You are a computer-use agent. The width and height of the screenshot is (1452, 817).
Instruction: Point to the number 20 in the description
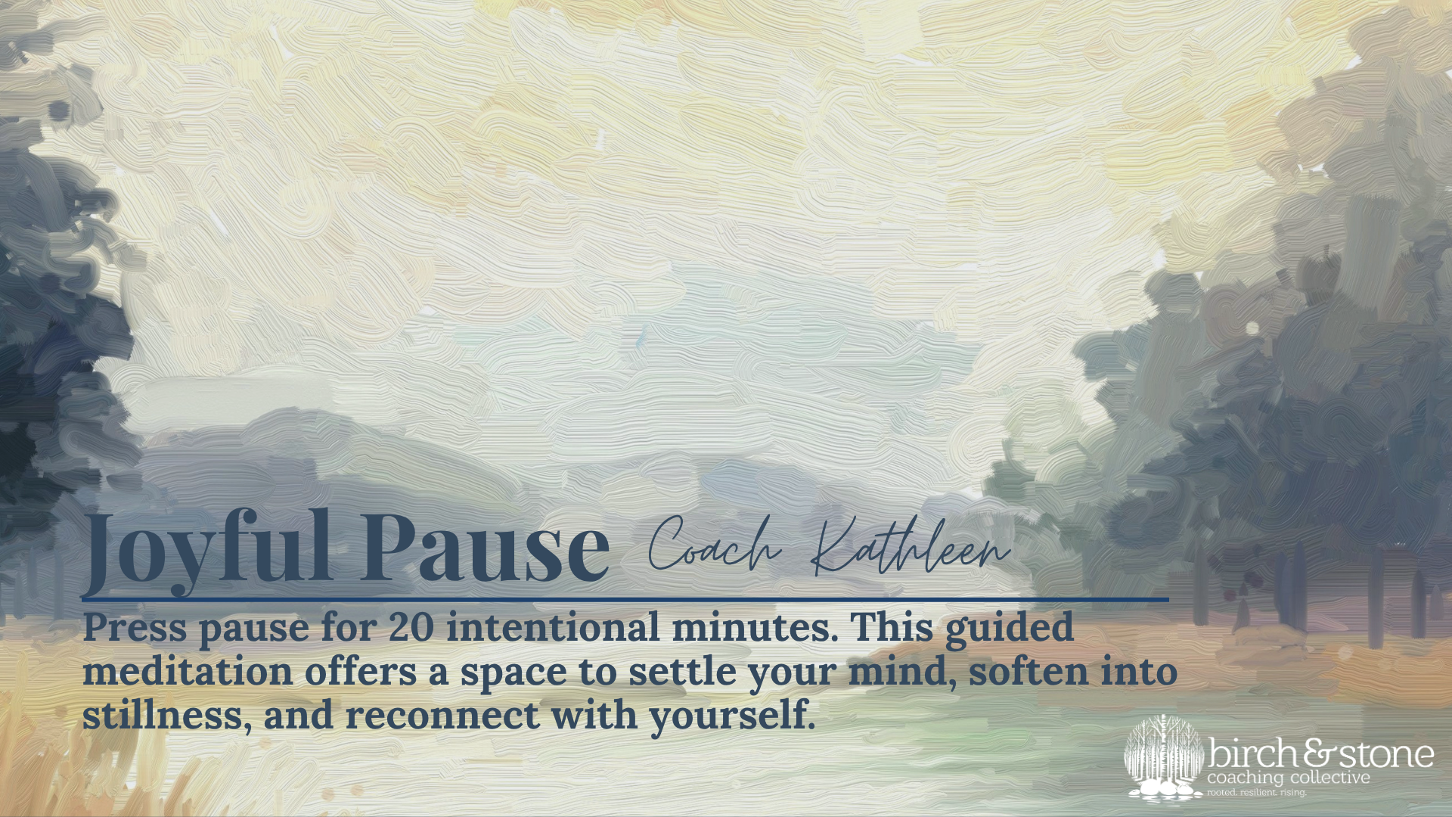click(x=411, y=627)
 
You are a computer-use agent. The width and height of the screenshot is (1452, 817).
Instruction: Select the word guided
click(x=1010, y=629)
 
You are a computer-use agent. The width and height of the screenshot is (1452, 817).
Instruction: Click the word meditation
click(x=188, y=671)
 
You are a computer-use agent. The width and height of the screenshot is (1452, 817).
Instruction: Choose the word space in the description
click(x=513, y=674)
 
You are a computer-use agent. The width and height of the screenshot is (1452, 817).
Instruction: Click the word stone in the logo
click(x=1385, y=755)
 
